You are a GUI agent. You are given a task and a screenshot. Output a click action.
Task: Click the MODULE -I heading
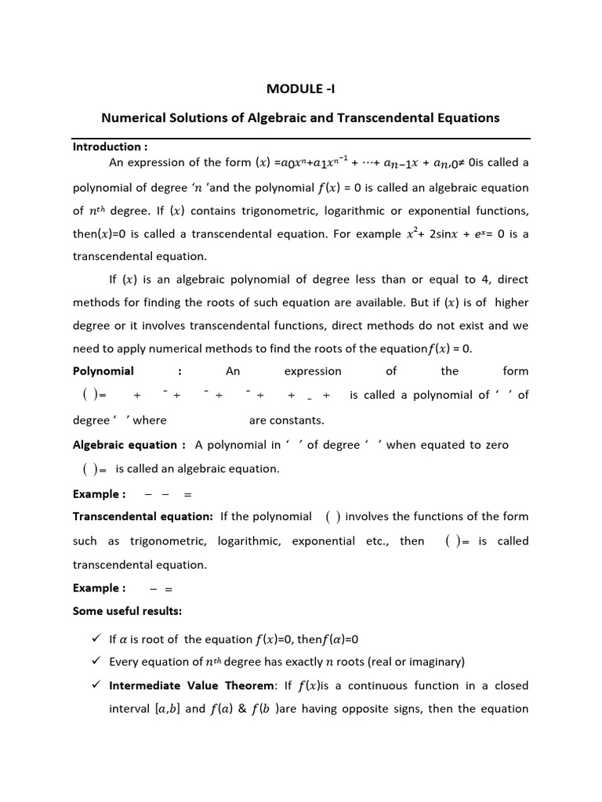pyautogui.click(x=300, y=89)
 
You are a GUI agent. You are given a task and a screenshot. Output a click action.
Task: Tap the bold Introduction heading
pyautogui.click(x=110, y=146)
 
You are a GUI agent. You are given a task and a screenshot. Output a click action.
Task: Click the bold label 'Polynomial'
pyautogui.click(x=103, y=371)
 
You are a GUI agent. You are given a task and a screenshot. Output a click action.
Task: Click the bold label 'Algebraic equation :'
pyautogui.click(x=129, y=445)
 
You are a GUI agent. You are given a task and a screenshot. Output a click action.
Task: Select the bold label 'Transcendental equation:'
pyautogui.click(x=143, y=516)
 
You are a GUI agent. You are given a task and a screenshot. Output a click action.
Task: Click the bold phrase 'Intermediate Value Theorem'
pyautogui.click(x=191, y=685)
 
